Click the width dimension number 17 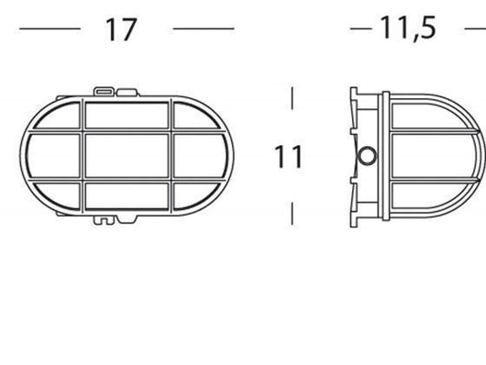coord(120,29)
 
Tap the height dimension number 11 coord(289,157)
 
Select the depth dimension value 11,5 coord(408,28)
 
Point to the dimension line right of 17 coord(204,29)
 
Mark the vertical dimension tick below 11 coord(292,214)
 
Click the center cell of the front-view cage coord(127,157)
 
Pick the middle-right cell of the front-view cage coord(199,157)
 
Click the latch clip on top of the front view coord(104,91)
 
